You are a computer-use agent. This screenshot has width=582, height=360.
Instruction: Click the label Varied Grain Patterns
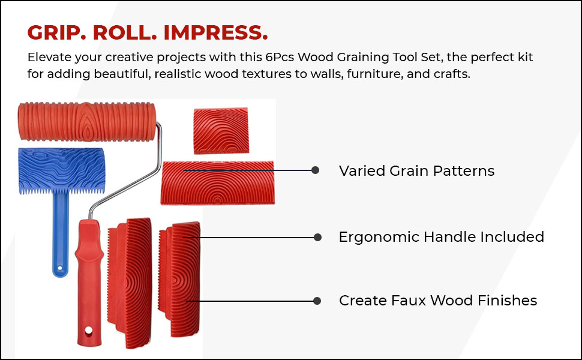[416, 171]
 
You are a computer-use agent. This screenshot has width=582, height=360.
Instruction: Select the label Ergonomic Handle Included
[441, 237]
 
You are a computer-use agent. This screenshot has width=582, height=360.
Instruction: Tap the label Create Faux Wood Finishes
[437, 301]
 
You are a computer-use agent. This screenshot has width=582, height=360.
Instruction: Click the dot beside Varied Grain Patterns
[316, 170]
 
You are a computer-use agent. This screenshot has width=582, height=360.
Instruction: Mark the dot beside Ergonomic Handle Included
[317, 238]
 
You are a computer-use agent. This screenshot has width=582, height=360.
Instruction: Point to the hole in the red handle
[89, 330]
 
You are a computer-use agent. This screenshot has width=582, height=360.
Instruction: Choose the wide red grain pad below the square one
[218, 182]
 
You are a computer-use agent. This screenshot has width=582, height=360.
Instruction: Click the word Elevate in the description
[47, 58]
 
